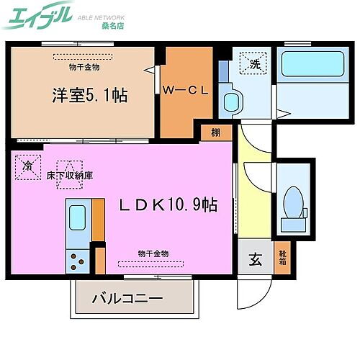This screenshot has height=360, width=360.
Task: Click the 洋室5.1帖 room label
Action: coord(89,95)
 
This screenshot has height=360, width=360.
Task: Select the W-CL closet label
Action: coord(184,90)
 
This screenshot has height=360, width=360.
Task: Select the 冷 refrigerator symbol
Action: coord(27,166)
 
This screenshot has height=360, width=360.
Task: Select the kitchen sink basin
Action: coord(76,215)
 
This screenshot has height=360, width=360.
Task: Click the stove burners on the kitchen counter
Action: coord(77,259)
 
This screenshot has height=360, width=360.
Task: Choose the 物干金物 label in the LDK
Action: coord(153,253)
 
